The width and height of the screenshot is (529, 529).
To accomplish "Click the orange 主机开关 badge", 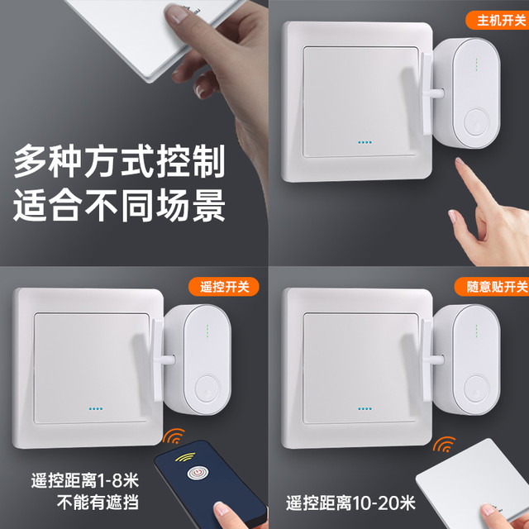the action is [x=498, y=20].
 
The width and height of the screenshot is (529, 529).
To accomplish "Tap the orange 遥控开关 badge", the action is [x=224, y=287].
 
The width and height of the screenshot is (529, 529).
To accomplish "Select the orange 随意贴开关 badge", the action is [x=493, y=287].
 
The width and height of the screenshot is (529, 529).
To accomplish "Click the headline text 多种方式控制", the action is [x=119, y=161].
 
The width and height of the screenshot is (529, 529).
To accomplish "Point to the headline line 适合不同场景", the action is [x=119, y=205].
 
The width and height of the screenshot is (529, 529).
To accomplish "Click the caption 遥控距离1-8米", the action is [x=84, y=480].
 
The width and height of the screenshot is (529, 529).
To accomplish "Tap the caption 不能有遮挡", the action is [x=98, y=503].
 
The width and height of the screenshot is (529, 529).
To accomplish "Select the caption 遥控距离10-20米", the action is [x=350, y=503].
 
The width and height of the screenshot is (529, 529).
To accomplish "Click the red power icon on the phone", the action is [x=198, y=472].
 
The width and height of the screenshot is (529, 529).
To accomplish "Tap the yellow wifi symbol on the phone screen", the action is [x=185, y=457].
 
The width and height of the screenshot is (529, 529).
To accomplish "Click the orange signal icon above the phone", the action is [x=174, y=436].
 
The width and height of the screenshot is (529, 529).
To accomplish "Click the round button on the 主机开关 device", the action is [x=476, y=122].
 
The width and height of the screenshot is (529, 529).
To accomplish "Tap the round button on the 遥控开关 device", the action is [x=207, y=388].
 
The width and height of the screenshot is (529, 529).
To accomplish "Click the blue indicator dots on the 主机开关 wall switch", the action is [x=365, y=142].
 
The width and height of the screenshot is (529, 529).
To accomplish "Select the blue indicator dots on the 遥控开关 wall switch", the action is [x=96, y=408].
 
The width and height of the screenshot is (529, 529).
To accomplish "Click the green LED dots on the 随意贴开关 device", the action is [x=476, y=331].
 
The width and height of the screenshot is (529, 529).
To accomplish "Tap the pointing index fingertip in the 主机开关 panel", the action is [x=460, y=162].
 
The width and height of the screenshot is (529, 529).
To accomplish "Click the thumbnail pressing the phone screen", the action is [x=222, y=509].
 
